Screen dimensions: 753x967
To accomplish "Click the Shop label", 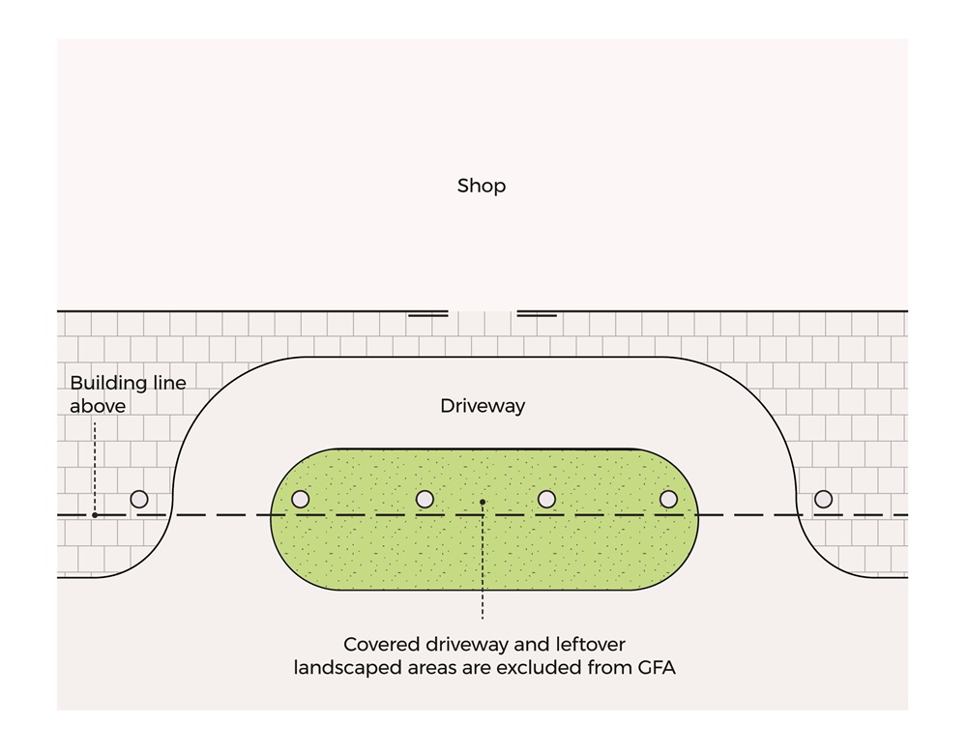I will [x=482, y=186].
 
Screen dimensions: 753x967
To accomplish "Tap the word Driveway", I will [x=483, y=406].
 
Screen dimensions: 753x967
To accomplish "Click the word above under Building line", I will [x=97, y=407].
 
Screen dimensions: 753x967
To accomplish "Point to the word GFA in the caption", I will [x=651, y=667].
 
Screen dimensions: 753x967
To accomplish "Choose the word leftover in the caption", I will [x=590, y=644].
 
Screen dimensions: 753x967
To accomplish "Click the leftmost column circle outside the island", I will [x=139, y=499].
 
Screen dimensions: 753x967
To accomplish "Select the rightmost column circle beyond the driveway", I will [x=823, y=499].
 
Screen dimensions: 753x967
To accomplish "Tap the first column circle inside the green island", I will [x=301, y=499].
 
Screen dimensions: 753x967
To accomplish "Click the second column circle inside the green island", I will [x=425, y=499].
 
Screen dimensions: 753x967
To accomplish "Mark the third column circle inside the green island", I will [x=546, y=499].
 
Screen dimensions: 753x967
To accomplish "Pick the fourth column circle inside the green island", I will [x=668, y=499].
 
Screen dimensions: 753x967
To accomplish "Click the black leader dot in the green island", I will [x=482, y=502].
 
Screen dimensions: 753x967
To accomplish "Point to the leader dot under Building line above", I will [x=95, y=514].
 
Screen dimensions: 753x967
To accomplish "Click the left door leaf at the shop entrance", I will [x=427, y=314].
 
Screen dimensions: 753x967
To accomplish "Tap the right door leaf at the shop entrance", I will [x=537, y=314].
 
